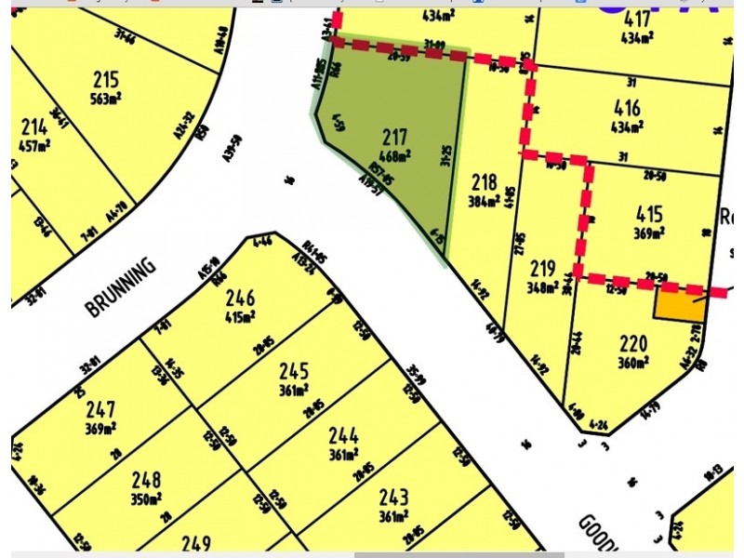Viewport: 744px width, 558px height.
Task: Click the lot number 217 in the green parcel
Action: tap(395, 138)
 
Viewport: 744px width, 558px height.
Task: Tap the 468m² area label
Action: tap(395, 156)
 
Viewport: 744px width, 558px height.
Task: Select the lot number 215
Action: tap(106, 79)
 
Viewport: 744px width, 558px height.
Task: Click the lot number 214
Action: tap(34, 126)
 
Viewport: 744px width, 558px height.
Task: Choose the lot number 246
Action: tap(240, 299)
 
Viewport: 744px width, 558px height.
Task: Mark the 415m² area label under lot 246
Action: tap(240, 317)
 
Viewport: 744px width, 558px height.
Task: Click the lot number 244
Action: tap(343, 434)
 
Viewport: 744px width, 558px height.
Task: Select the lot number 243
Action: tap(392, 498)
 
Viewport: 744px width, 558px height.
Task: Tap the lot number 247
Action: tap(100, 409)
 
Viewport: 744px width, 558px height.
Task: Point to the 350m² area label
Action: tap(145, 498)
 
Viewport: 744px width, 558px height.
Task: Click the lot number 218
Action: tap(485, 181)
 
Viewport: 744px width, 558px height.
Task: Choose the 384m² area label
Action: tap(485, 200)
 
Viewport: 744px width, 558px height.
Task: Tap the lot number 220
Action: tap(632, 344)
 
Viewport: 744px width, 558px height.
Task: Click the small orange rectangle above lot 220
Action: tap(679, 305)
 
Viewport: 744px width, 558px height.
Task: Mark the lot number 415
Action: tap(648, 214)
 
